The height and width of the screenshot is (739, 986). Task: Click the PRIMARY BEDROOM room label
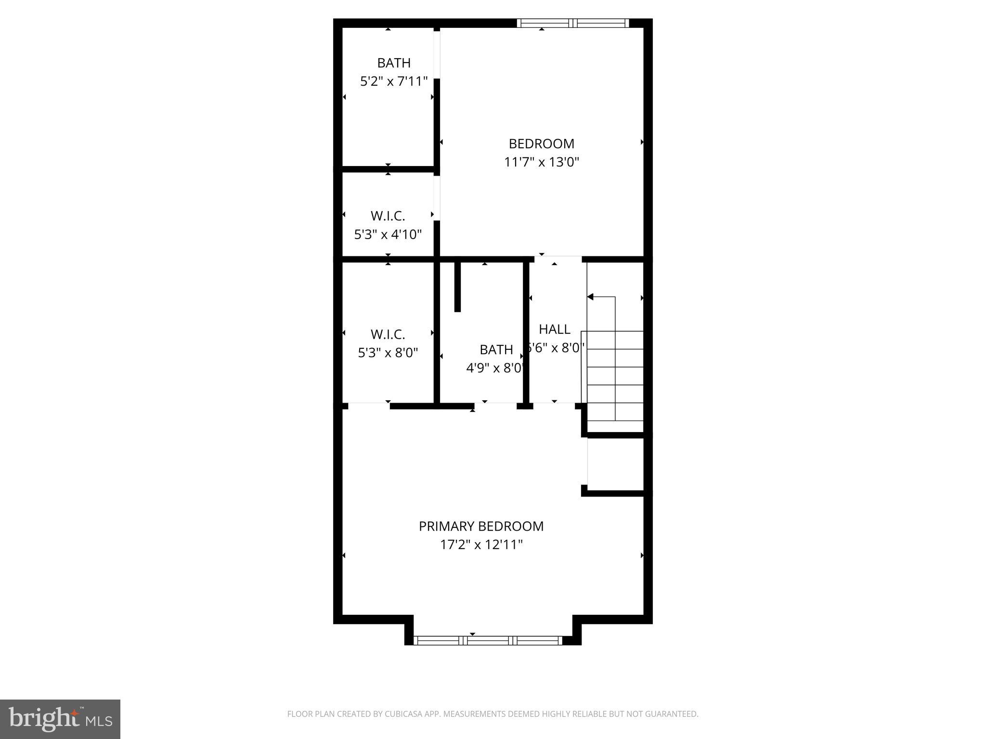[481, 526]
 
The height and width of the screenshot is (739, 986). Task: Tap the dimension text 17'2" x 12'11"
[481, 545]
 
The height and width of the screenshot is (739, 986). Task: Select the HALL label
[554, 330]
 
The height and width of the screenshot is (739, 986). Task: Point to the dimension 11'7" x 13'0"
[541, 162]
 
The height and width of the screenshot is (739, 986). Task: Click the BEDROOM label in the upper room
[541, 144]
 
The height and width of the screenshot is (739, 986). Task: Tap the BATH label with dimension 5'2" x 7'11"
[393, 63]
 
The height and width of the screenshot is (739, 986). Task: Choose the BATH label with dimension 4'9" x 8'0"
[496, 349]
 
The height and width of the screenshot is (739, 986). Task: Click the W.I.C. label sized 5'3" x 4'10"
[388, 216]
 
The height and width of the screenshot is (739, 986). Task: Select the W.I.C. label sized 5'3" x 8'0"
[388, 334]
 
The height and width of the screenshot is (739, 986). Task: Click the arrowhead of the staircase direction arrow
[590, 297]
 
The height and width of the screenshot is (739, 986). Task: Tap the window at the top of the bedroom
[572, 23]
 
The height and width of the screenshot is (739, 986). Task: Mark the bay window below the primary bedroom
[488, 640]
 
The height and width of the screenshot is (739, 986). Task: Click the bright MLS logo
[60, 719]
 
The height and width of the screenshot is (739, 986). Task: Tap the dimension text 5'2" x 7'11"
[393, 81]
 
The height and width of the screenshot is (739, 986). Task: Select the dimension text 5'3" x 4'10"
[388, 234]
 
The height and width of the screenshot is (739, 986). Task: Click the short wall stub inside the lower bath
[457, 287]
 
